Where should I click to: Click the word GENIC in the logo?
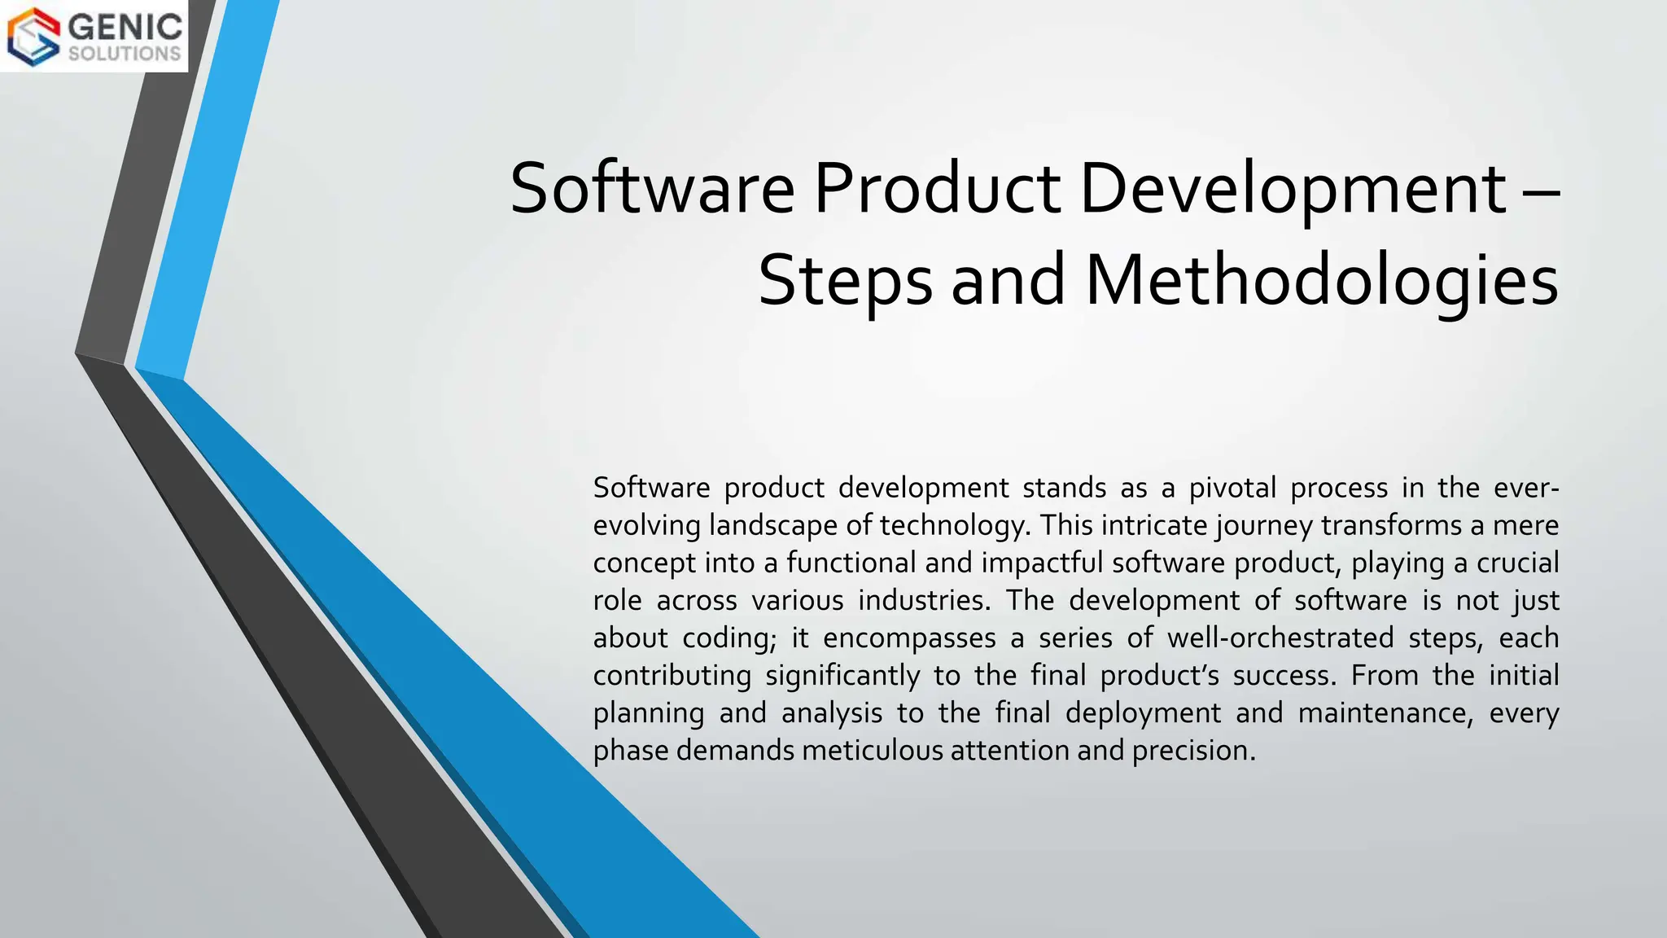pyautogui.click(x=125, y=26)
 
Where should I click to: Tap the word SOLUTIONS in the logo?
pyautogui.click(x=125, y=54)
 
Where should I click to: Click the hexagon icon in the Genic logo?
pyautogui.click(x=33, y=36)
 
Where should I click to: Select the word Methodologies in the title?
pyautogui.click(x=1321, y=279)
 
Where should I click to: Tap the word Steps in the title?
pyautogui.click(x=845, y=279)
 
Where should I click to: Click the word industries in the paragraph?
pyautogui.click(x=924, y=600)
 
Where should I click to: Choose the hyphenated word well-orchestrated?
pyautogui.click(x=1280, y=638)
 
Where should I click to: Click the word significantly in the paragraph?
pyautogui.click(x=842, y=676)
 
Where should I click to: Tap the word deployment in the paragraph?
pyautogui.click(x=1143, y=713)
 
